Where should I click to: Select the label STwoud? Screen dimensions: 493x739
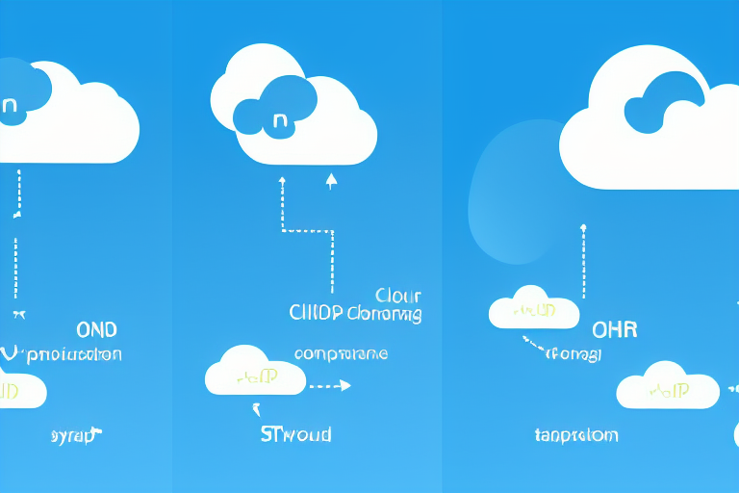coord(295,434)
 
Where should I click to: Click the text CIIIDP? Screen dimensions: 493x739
coord(316,313)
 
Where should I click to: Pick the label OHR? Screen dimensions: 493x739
coord(614,329)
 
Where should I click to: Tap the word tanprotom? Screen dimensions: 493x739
coord(576,435)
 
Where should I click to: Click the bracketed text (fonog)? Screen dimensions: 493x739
coord(574,354)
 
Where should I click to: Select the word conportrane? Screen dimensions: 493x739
coord(341,353)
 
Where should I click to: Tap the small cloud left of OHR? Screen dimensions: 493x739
coord(534,308)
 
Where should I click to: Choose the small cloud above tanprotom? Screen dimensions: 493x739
coord(668,386)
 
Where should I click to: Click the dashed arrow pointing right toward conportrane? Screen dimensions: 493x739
coord(329,385)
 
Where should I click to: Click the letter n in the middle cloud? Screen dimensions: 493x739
coord(280,122)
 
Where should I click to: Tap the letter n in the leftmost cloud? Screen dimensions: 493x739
coord(10,107)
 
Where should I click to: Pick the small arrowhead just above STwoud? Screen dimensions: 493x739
coord(257,408)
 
